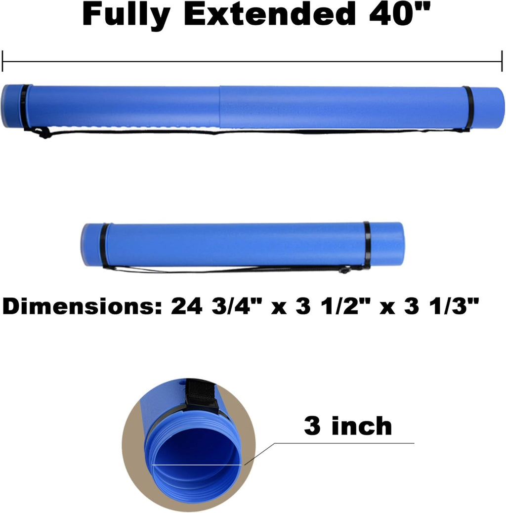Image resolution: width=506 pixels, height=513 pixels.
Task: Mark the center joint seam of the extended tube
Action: click(x=220, y=107)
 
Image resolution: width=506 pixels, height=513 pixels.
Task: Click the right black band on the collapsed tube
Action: click(x=367, y=245)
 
